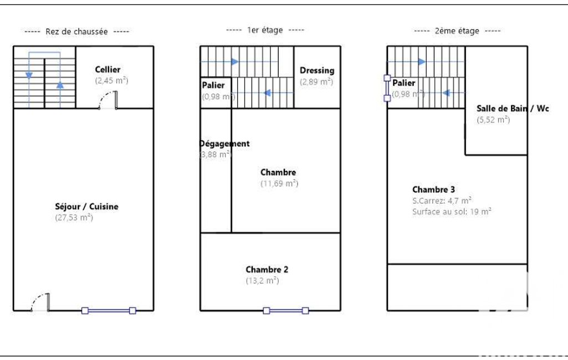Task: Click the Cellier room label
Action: [x=108, y=70]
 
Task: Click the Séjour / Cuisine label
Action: [x=86, y=207]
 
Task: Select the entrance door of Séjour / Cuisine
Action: [x=42, y=302]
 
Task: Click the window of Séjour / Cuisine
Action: [x=109, y=311]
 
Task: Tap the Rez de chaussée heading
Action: [x=77, y=32]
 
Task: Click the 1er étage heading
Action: [x=265, y=30]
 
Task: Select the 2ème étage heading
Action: [x=457, y=32]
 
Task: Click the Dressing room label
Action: [x=317, y=70]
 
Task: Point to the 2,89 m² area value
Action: [x=316, y=81]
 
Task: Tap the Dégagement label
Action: [x=224, y=143]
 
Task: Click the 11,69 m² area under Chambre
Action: [x=279, y=183]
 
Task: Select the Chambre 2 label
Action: [x=267, y=270]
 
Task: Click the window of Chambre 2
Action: [x=286, y=311]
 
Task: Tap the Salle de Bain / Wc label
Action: [x=513, y=109]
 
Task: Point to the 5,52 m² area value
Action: [x=493, y=120]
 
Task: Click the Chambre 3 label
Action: [x=434, y=189]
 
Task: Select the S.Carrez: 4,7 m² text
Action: [x=442, y=200]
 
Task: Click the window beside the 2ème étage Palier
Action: [x=387, y=88]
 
